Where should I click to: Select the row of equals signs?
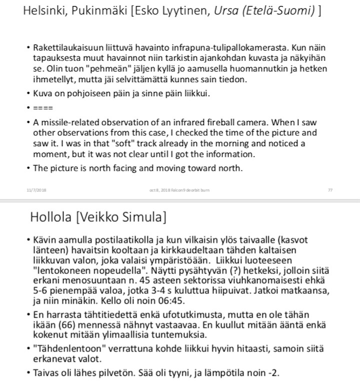pyautogui.click(x=42, y=108)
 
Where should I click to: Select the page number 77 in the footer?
pyautogui.click(x=330, y=190)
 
